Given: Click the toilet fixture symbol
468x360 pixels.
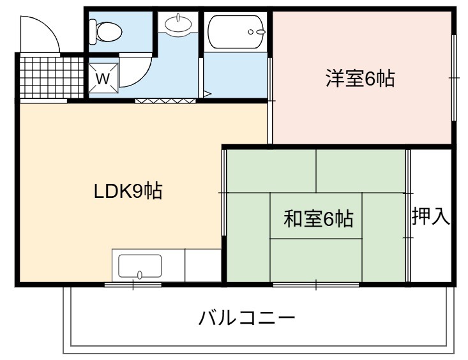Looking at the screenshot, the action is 105,31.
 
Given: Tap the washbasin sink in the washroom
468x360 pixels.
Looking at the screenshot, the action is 179,24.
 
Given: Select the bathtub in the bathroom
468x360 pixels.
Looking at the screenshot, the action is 236,32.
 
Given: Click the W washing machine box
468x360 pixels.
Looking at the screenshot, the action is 103,79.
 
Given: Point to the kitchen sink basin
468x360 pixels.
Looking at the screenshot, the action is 140,266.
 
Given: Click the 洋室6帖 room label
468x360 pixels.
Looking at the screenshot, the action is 360,79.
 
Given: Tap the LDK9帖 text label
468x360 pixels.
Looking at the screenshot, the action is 128,191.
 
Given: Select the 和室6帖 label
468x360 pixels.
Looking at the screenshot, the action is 319,219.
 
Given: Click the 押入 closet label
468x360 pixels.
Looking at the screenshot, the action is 431,216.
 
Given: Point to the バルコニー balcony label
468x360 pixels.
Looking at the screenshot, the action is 247,318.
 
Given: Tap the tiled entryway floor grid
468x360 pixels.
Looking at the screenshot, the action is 51,77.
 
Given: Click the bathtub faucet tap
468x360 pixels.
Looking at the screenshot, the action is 257,32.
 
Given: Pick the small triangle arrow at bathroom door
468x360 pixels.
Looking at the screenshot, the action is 207,94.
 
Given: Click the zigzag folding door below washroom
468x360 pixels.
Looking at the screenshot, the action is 165,101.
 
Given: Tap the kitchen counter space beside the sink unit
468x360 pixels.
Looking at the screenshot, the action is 203,265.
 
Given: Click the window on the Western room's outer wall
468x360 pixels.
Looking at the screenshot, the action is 454,78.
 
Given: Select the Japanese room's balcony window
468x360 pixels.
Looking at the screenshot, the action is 316,285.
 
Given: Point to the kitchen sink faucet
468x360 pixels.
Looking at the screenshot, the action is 140,274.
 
